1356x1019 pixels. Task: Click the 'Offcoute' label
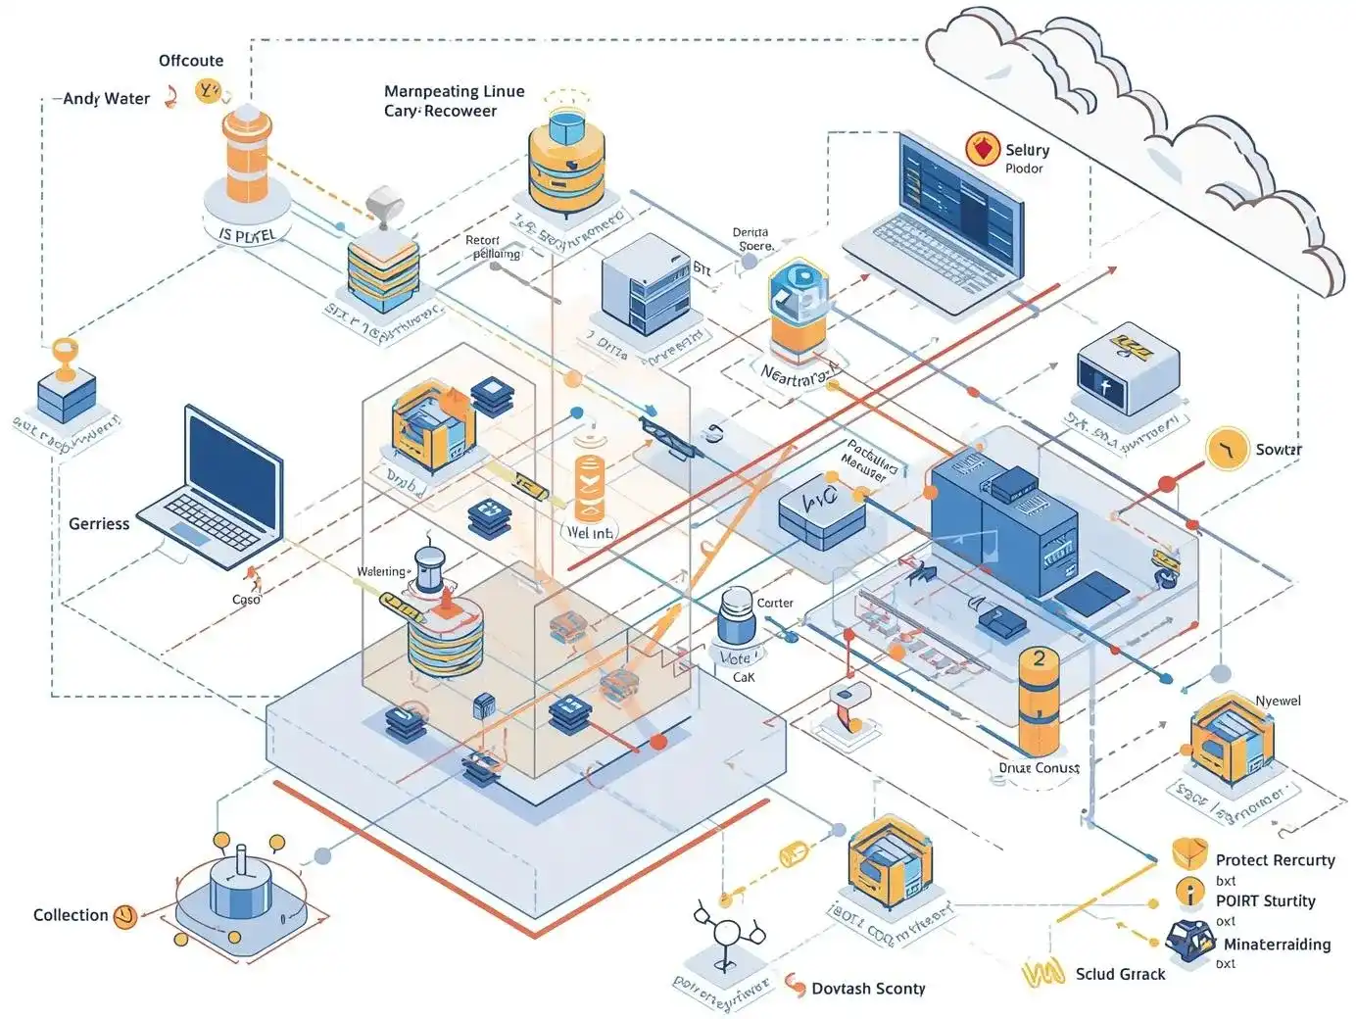pos(191,61)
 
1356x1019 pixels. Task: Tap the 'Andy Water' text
pos(107,99)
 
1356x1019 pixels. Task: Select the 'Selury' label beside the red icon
pos(1027,150)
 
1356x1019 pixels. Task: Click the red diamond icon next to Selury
pos(982,149)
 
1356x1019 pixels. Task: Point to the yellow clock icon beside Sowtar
pos(1226,450)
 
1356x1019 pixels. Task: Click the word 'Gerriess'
pos(99,524)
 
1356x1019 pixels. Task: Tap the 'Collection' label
pos(71,915)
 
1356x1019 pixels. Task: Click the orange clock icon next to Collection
pos(125,917)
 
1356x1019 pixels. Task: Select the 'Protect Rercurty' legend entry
pos(1275,860)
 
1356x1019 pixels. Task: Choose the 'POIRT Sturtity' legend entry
pos(1265,901)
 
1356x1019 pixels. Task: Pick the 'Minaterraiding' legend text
pos(1277,945)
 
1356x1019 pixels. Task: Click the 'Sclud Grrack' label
pos(1120,974)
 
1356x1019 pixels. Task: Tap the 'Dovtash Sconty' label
pos(868,989)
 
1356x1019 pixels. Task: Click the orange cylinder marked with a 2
pos(1039,698)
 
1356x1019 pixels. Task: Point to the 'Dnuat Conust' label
pos(1039,768)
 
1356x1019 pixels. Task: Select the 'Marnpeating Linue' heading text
pos(454,92)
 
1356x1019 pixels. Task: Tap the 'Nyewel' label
pos(1278,701)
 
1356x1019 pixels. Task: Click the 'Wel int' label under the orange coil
pos(590,533)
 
